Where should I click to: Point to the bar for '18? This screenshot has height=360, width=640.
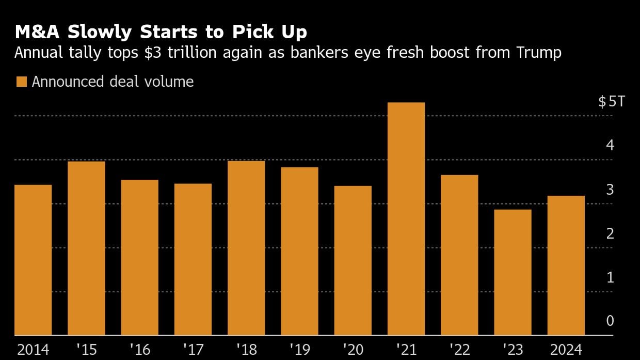coord(246,248)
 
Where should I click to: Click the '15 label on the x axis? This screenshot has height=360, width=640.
coord(86,350)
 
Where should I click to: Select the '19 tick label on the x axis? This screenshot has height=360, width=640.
coord(299,350)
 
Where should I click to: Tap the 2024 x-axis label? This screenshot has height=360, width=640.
coord(566,350)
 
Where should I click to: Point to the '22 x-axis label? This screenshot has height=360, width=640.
coord(459,350)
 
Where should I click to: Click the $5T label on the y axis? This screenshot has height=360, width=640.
coord(611,101)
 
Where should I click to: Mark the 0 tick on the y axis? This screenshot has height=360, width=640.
coord(610,321)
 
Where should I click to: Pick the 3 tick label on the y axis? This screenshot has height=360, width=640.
coord(610,190)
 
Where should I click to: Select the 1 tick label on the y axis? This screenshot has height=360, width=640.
coord(610,277)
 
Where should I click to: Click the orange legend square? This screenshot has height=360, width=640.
coord(21,82)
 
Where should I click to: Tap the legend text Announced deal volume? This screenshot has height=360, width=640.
coord(113,82)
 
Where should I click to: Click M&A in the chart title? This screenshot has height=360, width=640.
coord(38,32)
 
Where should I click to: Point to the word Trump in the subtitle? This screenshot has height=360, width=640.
coord(538,53)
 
